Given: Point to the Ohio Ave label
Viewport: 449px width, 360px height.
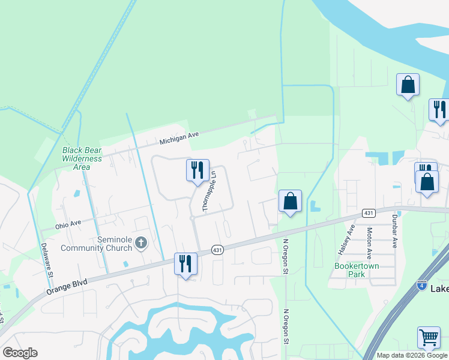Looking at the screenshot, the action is (x=68, y=226).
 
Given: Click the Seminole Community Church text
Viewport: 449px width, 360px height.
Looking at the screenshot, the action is (x=114, y=244).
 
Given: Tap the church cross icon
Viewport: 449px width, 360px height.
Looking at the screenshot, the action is (x=141, y=242).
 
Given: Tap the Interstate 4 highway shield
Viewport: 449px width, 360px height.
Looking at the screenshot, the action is (x=422, y=285).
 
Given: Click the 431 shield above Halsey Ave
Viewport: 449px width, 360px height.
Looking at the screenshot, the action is (x=369, y=213).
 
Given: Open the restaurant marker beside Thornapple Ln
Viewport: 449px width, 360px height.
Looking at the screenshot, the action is (x=197, y=170).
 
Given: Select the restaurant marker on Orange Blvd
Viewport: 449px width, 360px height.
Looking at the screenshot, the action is (x=185, y=263).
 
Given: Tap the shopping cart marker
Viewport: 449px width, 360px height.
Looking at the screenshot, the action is (x=429, y=337).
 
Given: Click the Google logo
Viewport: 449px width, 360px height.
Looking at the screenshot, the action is (x=20, y=353).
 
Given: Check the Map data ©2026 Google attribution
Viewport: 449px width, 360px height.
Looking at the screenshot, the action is (x=412, y=355).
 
